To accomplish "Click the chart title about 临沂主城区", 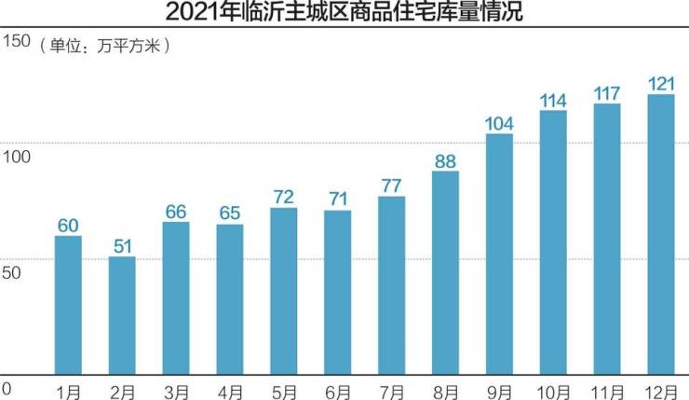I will point(344,13).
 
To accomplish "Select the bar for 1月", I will point(68,305).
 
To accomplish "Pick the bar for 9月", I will point(499,254).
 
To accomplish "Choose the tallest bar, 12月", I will point(661,234).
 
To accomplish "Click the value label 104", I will point(499,123).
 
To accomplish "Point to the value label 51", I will point(122,245).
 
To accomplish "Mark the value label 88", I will point(445,160).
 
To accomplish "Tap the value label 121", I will point(661,84).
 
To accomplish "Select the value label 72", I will point(284,197).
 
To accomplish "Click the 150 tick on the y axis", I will point(16,41).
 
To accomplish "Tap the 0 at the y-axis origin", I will point(6,388).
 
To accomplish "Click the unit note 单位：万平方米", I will point(104,45).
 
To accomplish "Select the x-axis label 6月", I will point(338,389).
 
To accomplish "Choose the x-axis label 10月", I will point(553,389).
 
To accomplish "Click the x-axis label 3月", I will point(176,389).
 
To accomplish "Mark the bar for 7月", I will point(391,284).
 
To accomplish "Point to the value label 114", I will point(553,100).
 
